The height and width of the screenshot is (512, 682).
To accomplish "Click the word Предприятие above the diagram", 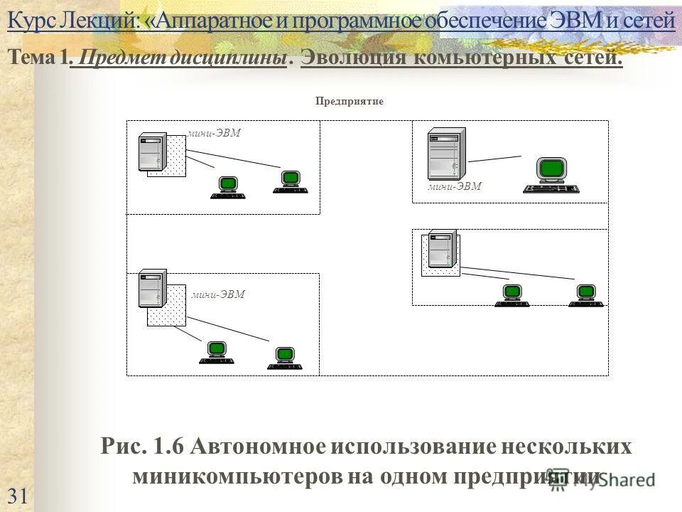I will coord(349,102).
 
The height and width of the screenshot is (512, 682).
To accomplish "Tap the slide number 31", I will coord(18,496).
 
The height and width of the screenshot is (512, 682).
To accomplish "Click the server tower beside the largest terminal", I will coord(445,153).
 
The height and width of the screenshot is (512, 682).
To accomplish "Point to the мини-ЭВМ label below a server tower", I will coord(455,187).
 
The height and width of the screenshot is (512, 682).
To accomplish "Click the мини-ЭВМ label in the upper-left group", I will coord(214,133).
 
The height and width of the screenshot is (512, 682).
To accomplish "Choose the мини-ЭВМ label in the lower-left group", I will coord(217,294).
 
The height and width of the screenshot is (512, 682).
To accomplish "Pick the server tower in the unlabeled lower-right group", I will coord(441,248).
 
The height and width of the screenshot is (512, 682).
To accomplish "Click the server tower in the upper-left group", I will coord(151,151).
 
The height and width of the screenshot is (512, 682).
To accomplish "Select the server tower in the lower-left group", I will coord(151,288).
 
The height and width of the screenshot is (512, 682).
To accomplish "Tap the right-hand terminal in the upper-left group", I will coord(291,182).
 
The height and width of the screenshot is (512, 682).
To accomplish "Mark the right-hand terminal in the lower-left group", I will coord(285,358).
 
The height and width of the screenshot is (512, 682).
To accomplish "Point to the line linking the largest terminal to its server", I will coord(494,159).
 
